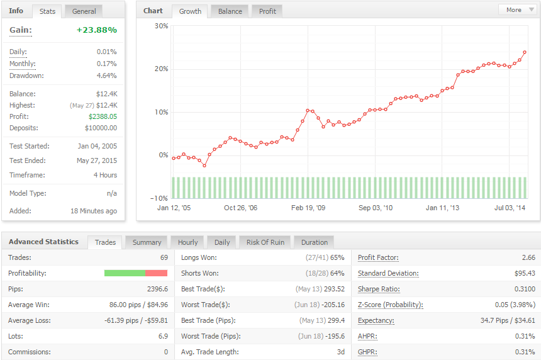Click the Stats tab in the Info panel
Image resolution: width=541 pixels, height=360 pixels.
(47, 11)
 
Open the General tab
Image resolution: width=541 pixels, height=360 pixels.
(84, 11)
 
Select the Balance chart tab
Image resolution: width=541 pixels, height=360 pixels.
(230, 11)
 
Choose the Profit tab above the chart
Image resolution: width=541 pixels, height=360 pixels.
(267, 11)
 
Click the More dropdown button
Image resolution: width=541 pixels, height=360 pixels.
(518, 9)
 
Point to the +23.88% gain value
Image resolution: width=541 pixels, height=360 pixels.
(97, 30)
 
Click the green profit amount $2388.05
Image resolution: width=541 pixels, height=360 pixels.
(103, 116)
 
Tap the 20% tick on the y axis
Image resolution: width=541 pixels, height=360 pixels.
(161, 69)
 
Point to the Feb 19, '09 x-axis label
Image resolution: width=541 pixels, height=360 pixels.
(308, 208)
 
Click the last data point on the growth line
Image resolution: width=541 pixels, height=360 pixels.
(525, 52)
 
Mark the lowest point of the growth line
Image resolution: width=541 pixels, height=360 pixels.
(204, 166)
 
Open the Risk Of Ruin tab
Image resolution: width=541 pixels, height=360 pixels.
(265, 242)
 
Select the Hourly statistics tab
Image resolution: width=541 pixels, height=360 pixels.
(187, 242)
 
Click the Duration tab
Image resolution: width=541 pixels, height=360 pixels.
(315, 242)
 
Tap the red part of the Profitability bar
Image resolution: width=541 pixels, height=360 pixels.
(156, 273)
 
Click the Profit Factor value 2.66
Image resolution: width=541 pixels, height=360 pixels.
(528, 257)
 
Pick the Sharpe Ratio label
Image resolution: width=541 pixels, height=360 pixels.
(379, 290)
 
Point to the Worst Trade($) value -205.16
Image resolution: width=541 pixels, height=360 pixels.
(333, 305)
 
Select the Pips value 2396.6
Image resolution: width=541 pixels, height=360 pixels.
(157, 290)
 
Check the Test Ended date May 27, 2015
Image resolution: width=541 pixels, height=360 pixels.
(97, 160)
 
